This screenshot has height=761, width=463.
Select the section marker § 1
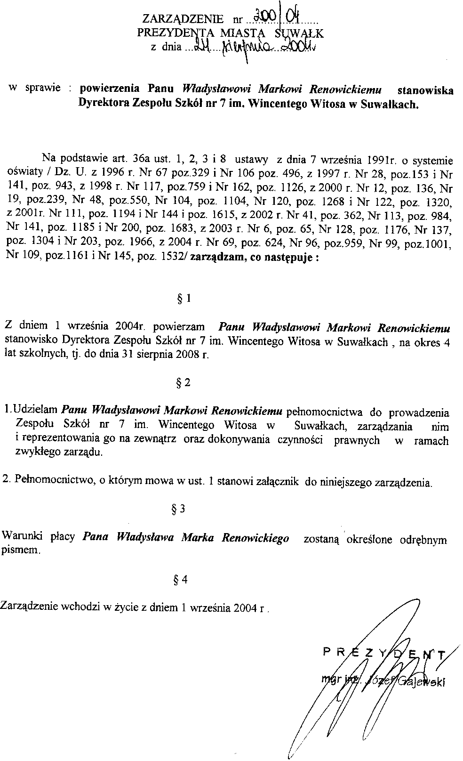[183, 299]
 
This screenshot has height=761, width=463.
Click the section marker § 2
[183, 382]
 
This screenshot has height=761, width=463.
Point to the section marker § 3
[177, 509]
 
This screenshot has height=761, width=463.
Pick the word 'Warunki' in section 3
[19, 536]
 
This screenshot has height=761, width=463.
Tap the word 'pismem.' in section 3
[22, 550]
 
